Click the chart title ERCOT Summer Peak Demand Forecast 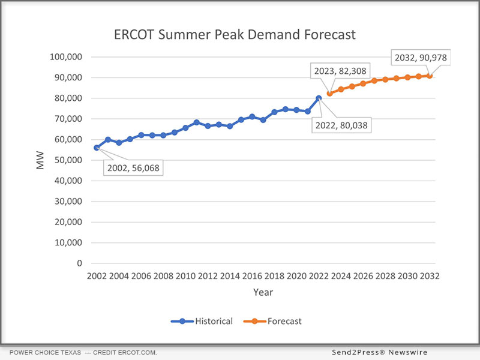coord(235,35)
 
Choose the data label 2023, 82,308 coord(340,70)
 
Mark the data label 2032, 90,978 coord(420,58)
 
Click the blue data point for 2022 coord(319,98)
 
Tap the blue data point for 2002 coord(97,148)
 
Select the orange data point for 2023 coord(329,94)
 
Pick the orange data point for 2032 coord(430,76)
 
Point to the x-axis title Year coord(263,292)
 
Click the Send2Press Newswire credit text coord(380,352)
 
